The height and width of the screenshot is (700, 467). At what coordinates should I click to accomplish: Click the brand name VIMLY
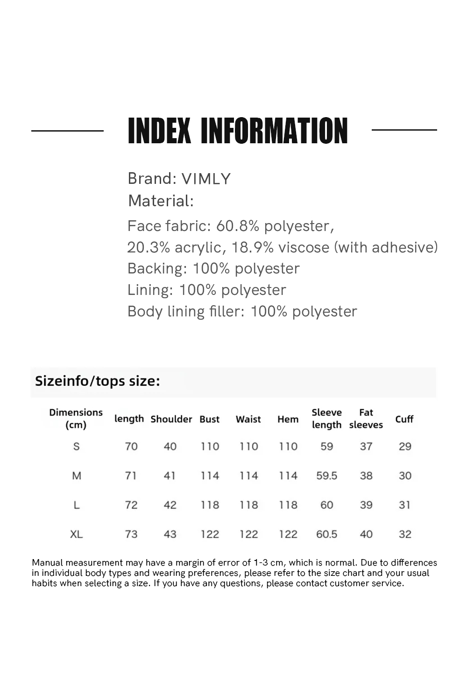coord(206,179)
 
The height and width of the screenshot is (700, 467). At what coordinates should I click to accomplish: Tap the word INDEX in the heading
coord(159,131)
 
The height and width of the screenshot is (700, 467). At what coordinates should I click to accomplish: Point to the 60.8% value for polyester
coord(237,226)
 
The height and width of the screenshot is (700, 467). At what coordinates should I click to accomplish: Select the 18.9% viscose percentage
coord(252,247)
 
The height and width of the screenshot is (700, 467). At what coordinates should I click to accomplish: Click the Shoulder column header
coord(171,419)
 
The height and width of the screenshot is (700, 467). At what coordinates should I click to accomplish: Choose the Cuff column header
coord(404,419)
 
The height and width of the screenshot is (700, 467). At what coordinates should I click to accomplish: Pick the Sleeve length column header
coord(326,419)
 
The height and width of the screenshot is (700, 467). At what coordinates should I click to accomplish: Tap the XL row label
coord(77,534)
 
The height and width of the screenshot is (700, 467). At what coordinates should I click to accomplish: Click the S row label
coord(77,447)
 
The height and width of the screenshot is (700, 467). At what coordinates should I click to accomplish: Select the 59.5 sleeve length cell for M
coord(326,476)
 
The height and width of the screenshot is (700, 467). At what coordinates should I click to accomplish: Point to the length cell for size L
coord(131,505)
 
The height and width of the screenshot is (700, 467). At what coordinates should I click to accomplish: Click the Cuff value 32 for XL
coord(405,534)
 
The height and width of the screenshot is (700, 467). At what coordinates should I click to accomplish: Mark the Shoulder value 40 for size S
coord(170,447)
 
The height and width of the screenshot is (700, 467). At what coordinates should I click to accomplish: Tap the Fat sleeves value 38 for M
coord(366,476)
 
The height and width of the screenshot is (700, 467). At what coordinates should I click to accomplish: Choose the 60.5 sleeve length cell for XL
coord(326,534)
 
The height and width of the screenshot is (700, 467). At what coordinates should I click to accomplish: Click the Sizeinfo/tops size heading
coord(98,381)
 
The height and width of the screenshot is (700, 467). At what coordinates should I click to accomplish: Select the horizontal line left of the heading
coord(67,131)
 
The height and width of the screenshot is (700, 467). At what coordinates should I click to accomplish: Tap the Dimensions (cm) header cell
coord(76,419)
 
